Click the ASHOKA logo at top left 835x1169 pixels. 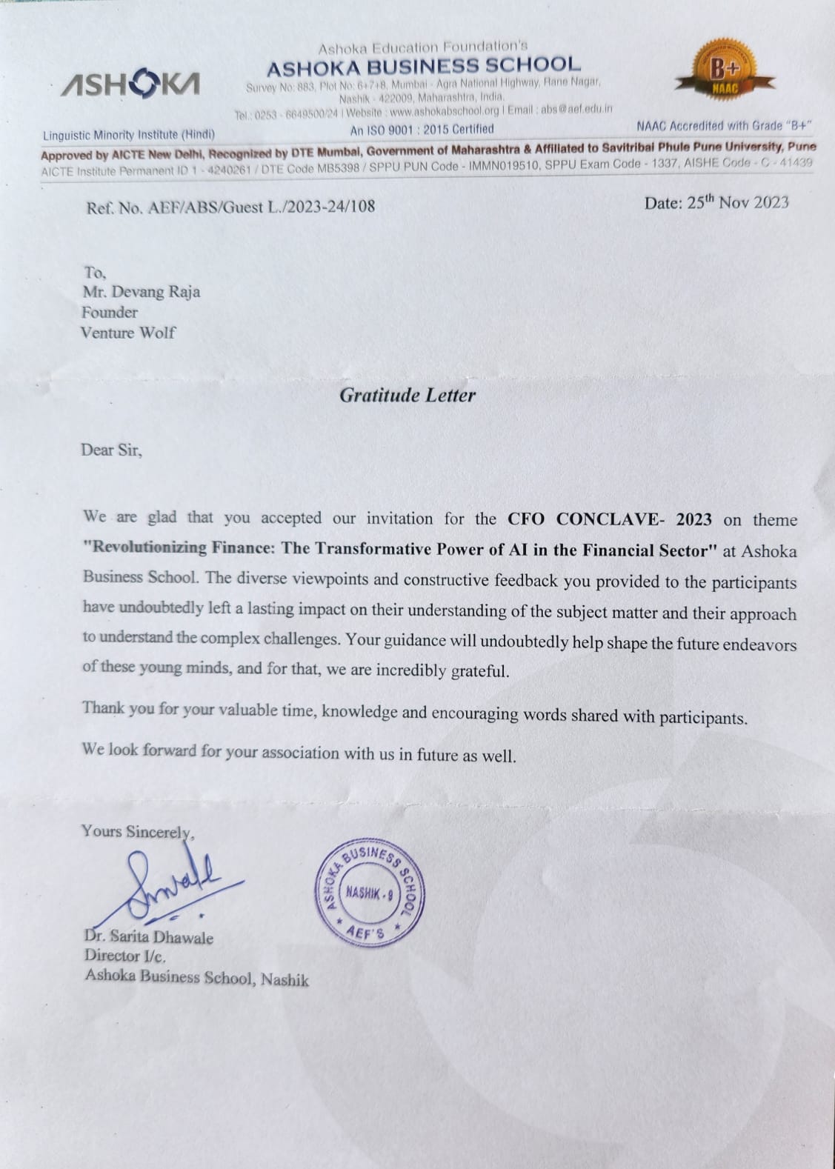point(130,84)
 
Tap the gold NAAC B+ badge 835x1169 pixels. point(724,70)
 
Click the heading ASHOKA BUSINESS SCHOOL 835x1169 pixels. point(423,68)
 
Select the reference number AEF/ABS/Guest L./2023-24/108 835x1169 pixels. point(262,207)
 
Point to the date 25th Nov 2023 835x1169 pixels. point(716,202)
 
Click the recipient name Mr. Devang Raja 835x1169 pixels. point(141,291)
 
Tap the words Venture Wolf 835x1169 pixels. point(127,333)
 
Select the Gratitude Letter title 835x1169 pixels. point(407,395)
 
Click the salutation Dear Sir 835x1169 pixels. point(111,450)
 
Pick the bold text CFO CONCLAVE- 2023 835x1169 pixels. point(609,519)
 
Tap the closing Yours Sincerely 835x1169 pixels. point(138,832)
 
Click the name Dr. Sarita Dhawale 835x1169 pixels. point(149,937)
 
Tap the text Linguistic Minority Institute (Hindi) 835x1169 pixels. point(129,135)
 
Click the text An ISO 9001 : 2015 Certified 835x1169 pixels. point(422,129)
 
